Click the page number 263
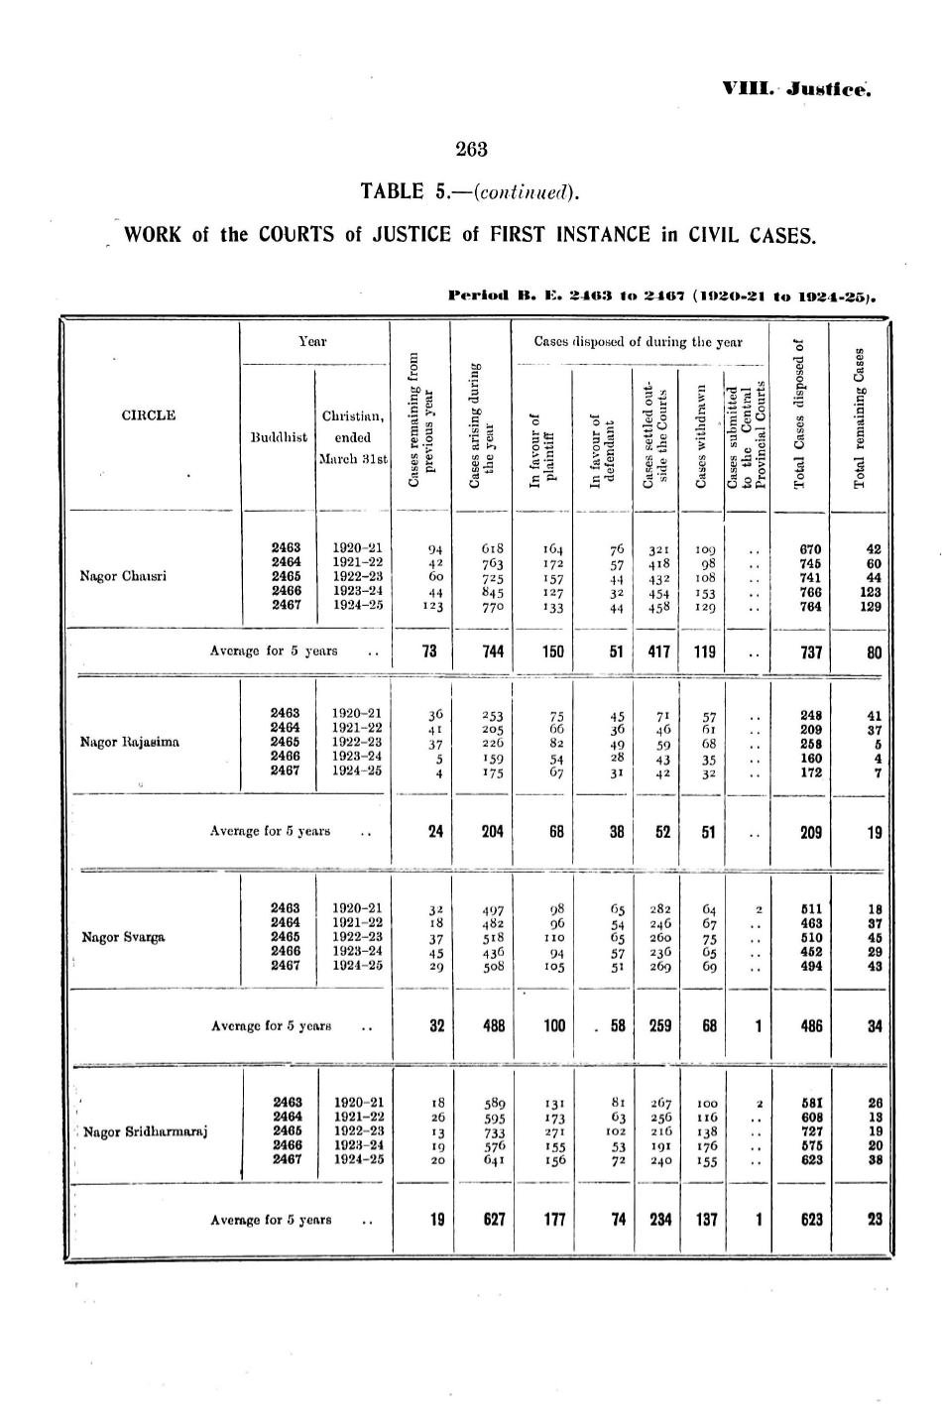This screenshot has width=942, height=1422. point(471,150)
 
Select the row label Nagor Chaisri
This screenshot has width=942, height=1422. point(123,575)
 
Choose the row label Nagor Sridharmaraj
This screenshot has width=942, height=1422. point(145,1131)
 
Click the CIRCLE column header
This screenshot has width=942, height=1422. point(148,415)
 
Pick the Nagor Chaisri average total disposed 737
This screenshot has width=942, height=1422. point(811,652)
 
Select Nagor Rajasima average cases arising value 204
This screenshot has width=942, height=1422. point(492,832)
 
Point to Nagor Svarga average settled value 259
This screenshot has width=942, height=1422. point(658,1026)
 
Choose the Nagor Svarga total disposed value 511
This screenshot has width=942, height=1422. point(811,906)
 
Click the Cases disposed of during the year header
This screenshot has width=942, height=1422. point(638,342)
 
